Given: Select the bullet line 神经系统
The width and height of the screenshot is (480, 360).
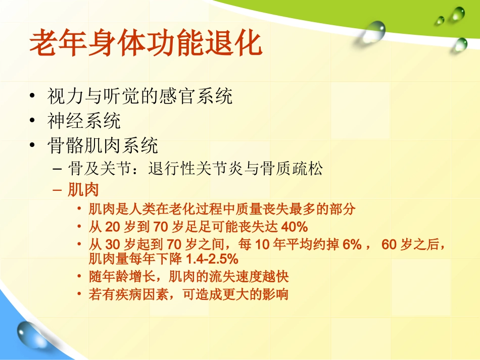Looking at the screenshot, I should pos(84,121).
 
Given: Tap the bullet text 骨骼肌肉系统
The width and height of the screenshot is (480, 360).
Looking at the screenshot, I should pos(103,146).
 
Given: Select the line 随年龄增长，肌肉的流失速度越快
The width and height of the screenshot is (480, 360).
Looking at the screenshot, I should pos(189,277).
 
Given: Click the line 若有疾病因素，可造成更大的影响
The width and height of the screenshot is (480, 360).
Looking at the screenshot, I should pos(188,294).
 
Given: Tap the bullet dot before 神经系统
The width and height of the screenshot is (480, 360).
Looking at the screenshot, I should pos(33,121).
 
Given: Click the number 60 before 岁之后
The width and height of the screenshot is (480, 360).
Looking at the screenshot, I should pos(389,245).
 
